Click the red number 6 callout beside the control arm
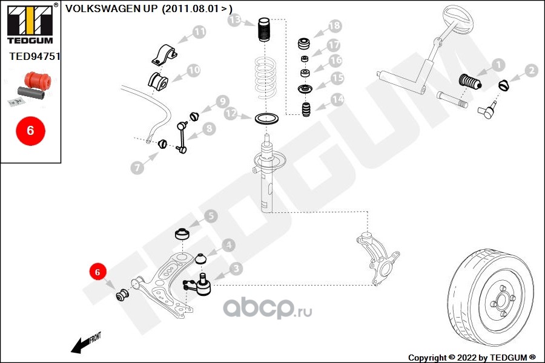(97, 272)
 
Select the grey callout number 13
(235, 21)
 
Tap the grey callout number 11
(199, 31)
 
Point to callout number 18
(334, 26)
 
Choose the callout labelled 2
(531, 71)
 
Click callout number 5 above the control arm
(211, 216)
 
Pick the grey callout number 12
(230, 113)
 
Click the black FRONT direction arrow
(84, 344)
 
